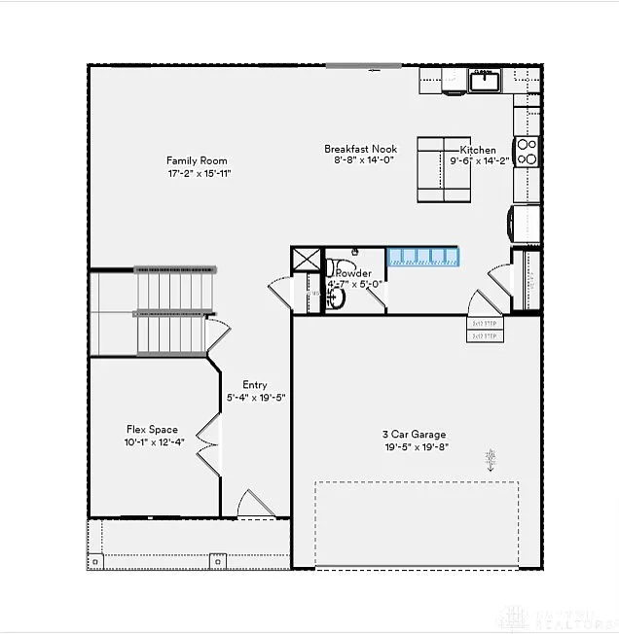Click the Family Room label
click(197, 160)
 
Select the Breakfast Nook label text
click(360, 149)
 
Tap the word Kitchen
click(478, 151)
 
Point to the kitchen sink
click(484, 81)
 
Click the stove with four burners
click(526, 152)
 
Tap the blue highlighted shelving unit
click(422, 257)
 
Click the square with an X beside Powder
click(306, 260)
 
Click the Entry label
click(255, 385)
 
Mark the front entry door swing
click(255, 503)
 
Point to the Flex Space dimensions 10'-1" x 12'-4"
click(152, 442)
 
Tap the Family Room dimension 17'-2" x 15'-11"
click(198, 174)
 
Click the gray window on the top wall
click(363, 65)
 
